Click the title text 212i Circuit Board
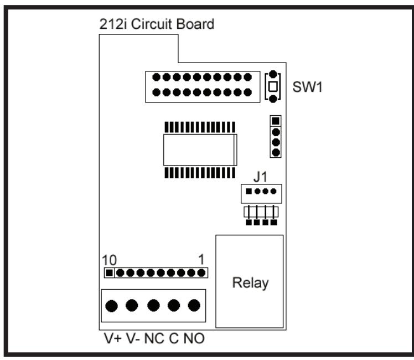(157, 24)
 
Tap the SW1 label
(307, 87)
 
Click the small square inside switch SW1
(273, 86)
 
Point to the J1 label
(260, 177)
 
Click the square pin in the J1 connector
(249, 191)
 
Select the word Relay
(250, 283)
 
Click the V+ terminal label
(113, 338)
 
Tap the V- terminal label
(133, 338)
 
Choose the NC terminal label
(154, 338)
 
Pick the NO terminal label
(194, 338)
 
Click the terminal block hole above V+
(111, 306)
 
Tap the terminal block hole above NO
(194, 305)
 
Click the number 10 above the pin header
(109, 260)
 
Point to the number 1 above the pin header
(201, 260)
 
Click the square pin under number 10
(109, 273)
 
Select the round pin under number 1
(201, 273)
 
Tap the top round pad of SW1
(273, 74)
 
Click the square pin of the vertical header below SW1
(276, 121)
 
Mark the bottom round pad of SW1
(273, 99)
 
